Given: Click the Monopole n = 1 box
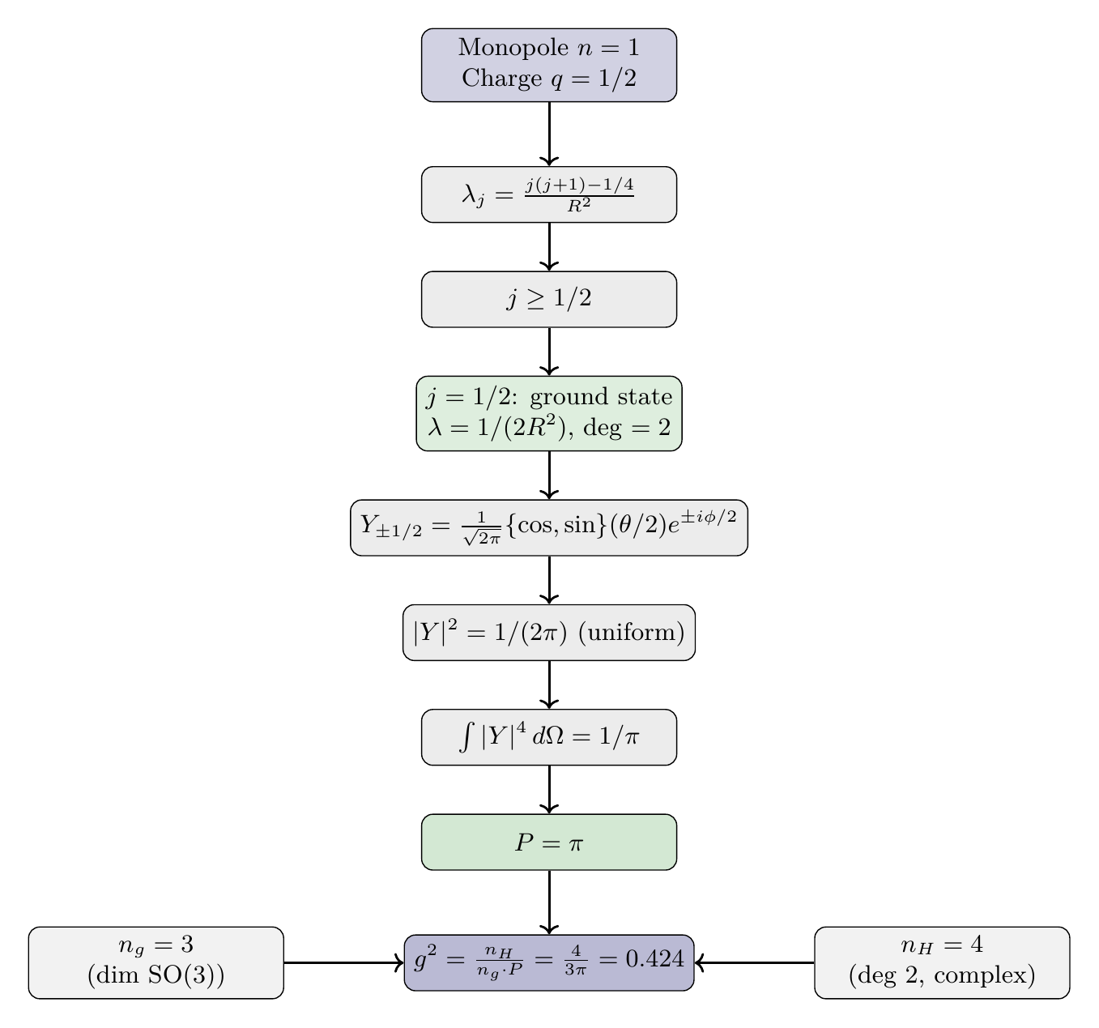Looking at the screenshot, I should (548, 65).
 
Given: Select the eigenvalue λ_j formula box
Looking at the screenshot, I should (548, 194).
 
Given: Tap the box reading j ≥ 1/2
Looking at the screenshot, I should (548, 299).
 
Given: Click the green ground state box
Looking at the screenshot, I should (548, 413).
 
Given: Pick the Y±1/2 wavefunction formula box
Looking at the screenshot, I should (548, 527).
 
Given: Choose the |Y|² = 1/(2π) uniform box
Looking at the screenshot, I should (548, 632).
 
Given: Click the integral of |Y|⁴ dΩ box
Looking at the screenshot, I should (548, 737).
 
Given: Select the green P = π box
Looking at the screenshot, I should (548, 842).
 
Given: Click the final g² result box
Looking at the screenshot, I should (548, 962).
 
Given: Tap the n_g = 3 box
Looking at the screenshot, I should (155, 962).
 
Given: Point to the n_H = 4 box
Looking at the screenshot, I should (941, 962).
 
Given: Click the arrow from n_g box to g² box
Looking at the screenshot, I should (343, 962).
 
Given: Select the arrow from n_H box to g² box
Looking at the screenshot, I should (755, 962).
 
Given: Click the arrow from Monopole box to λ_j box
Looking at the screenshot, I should (549, 134).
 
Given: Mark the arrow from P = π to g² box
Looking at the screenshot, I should (549, 902).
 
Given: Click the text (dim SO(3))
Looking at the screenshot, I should (155, 976).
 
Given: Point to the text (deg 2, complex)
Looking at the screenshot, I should (941, 976).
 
